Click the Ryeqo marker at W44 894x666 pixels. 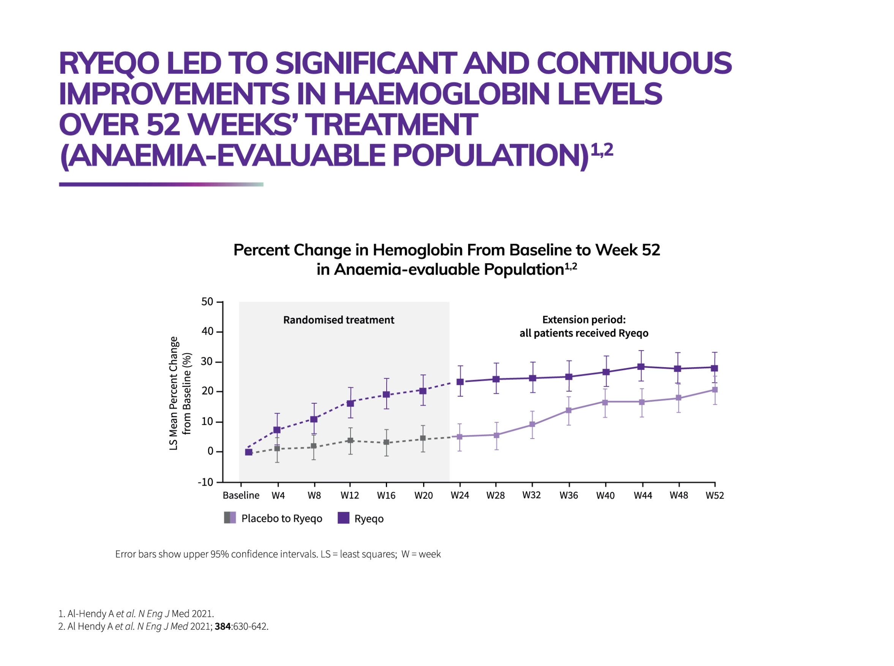(x=640, y=366)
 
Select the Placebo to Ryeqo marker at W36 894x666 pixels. (x=569, y=410)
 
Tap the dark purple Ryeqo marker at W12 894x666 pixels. (x=350, y=403)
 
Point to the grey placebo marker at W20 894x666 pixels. (x=423, y=438)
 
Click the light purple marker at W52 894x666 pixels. (x=715, y=390)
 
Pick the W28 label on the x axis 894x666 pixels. (x=495, y=496)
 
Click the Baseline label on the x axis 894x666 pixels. (x=241, y=496)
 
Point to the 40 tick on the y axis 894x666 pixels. (x=207, y=331)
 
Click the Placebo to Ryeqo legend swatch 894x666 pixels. (x=230, y=518)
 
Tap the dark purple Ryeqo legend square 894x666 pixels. (x=343, y=518)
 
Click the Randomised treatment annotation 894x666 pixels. (x=338, y=320)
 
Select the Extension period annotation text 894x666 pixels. (x=583, y=326)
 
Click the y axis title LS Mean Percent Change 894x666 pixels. (x=174, y=393)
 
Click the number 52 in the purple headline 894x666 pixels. (x=163, y=125)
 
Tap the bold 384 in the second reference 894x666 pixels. (x=223, y=627)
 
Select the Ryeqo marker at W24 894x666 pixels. (x=460, y=382)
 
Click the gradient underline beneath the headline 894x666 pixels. (x=161, y=185)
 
